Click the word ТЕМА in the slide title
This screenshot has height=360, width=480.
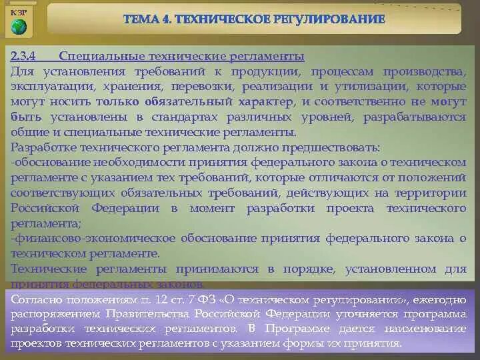click(142, 19)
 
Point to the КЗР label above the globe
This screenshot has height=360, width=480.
click(19, 11)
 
